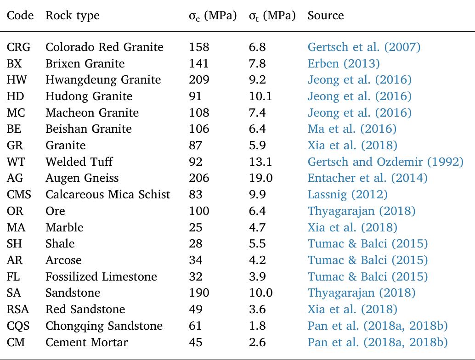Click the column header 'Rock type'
pyautogui.click(x=72, y=16)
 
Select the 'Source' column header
pyautogui.click(x=326, y=16)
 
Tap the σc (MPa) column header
pyautogui.click(x=213, y=16)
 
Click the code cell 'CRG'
pyautogui.click(x=20, y=47)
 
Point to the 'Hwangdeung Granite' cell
pyautogui.click(x=103, y=80)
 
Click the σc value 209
pyautogui.click(x=199, y=80)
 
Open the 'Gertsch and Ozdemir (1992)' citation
pyautogui.click(x=385, y=162)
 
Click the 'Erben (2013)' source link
pyautogui.click(x=344, y=63)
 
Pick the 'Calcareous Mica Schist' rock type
pyautogui.click(x=107, y=194)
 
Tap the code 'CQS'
pyautogui.click(x=19, y=326)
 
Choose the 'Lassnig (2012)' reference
pyautogui.click(x=347, y=194)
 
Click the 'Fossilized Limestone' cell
pyautogui.click(x=101, y=276)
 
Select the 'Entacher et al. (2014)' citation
pyautogui.click(x=368, y=178)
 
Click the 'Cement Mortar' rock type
pyautogui.click(x=86, y=342)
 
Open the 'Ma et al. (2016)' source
pyautogui.click(x=352, y=129)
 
